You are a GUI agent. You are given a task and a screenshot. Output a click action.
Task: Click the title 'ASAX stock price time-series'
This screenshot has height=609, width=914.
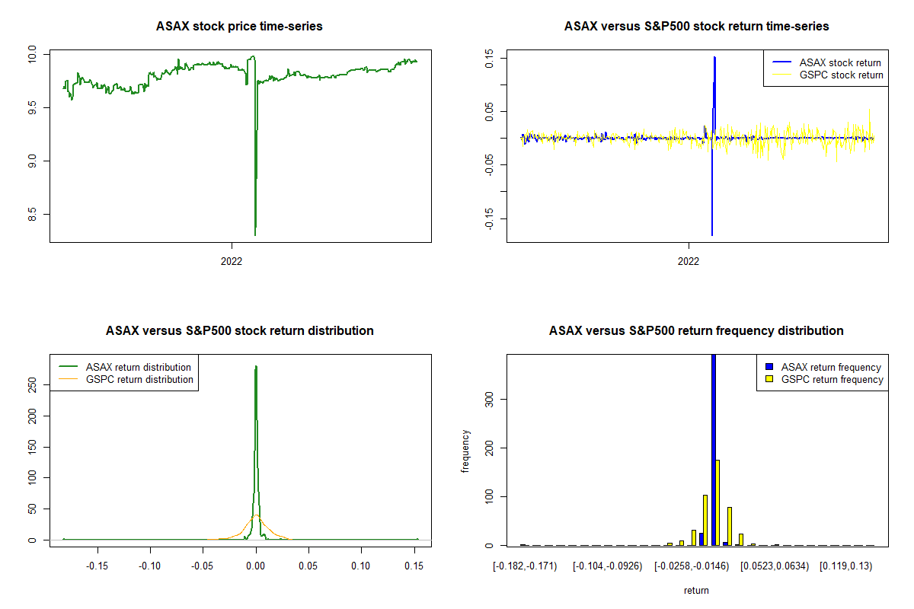pyautogui.click(x=239, y=27)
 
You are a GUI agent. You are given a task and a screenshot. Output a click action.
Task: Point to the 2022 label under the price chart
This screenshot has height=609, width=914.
pyautogui.click(x=232, y=260)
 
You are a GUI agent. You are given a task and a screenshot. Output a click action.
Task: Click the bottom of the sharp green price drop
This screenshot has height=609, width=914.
pyautogui.click(x=254, y=234)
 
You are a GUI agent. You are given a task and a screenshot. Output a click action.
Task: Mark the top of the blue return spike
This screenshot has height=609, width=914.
pyautogui.click(x=714, y=57)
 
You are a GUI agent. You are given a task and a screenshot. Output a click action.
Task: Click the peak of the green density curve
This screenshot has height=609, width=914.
pyautogui.click(x=256, y=366)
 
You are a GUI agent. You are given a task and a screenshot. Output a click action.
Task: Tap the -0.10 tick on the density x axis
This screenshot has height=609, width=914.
pyautogui.click(x=149, y=566)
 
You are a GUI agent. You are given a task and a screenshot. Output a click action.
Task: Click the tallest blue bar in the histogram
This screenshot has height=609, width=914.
pyautogui.click(x=714, y=449)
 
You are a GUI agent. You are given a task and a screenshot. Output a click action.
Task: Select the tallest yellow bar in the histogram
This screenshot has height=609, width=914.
pyautogui.click(x=717, y=502)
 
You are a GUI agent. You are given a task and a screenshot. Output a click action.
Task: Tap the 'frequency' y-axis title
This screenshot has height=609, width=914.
pyautogui.click(x=465, y=451)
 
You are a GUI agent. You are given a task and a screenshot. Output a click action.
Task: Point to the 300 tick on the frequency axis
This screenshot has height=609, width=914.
pyautogui.click(x=488, y=399)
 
